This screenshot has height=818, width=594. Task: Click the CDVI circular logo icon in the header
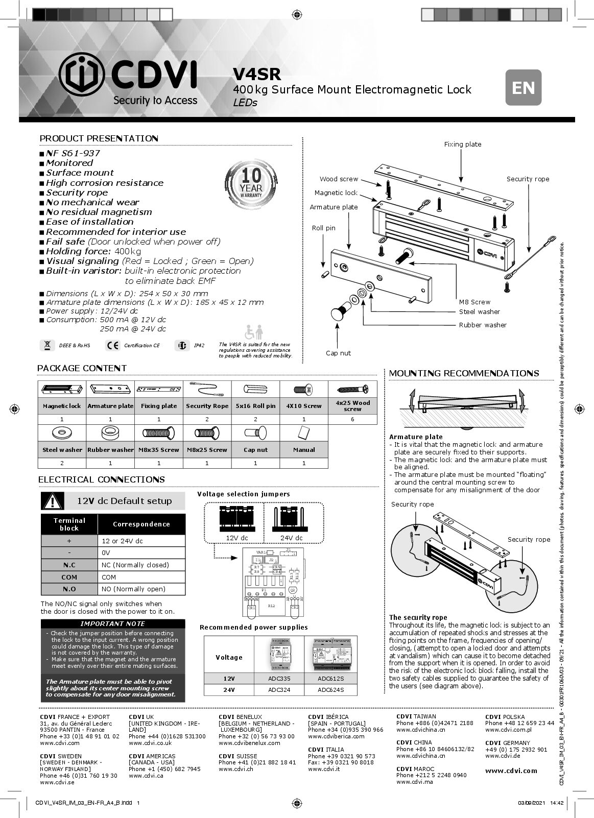click(82, 80)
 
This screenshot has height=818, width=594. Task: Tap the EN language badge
click(523, 87)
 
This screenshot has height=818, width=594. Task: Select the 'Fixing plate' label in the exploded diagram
click(462, 145)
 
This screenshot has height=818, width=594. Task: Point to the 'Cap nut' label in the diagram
click(338, 353)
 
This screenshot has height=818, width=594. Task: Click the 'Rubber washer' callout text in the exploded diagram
click(482, 325)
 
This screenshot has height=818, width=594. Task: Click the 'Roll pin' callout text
click(323, 228)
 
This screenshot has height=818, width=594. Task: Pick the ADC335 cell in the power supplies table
click(279, 679)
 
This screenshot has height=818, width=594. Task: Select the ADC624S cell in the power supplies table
click(330, 690)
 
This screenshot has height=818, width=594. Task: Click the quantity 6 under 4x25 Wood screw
click(352, 419)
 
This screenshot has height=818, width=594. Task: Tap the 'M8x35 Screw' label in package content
click(159, 450)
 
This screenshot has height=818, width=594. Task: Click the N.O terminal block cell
click(69, 589)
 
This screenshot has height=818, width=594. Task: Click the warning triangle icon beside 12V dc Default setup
click(53, 501)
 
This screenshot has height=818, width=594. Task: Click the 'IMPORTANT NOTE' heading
click(113, 624)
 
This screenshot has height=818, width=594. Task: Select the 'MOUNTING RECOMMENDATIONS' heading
click(464, 374)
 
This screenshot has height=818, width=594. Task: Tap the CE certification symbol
click(112, 346)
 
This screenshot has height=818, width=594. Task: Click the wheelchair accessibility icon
click(254, 332)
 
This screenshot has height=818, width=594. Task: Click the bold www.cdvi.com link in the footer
click(511, 771)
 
